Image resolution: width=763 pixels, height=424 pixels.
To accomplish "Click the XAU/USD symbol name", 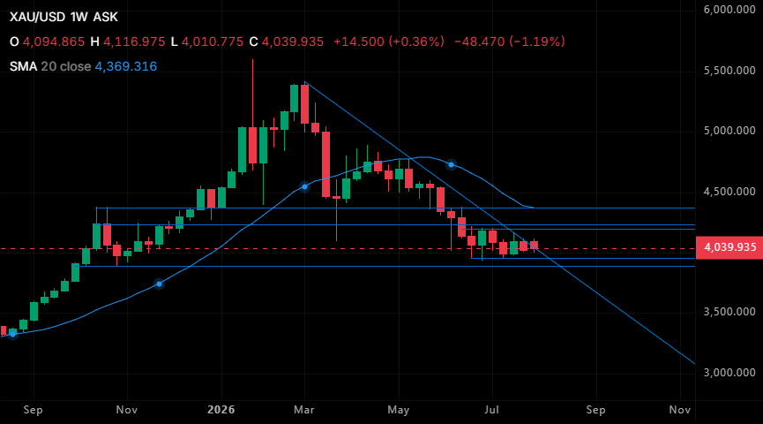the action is (37, 17).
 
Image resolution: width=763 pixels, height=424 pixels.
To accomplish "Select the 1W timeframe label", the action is (79, 17).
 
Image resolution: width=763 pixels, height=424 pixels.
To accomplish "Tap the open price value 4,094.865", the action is (54, 42).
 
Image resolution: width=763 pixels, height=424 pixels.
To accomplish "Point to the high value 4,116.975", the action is (134, 42).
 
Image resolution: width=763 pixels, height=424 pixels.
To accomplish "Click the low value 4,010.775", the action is (213, 42).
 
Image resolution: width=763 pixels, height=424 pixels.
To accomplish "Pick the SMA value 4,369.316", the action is (126, 66).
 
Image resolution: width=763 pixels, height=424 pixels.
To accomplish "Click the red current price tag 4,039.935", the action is (729, 247).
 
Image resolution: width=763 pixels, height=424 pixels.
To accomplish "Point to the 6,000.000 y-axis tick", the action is (729, 10).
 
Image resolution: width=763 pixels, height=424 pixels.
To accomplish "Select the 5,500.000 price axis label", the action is (729, 71).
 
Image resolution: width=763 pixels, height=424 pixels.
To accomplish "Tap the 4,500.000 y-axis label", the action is (729, 192).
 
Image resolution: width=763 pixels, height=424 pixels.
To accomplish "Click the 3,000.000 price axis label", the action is (729, 373).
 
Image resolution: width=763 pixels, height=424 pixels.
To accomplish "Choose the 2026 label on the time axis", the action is (221, 410).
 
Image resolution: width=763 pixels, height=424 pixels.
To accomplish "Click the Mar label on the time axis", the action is (304, 410).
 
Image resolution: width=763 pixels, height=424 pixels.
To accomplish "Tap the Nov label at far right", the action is (680, 410).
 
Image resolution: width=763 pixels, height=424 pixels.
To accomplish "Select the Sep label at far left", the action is (34, 410).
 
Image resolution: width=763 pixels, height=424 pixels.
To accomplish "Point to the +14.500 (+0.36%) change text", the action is (389, 42).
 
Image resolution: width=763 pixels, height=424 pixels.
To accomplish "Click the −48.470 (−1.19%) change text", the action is (510, 42).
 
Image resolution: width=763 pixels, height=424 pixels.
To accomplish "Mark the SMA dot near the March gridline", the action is (304, 186).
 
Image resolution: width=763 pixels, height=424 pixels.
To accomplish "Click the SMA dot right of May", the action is (451, 164).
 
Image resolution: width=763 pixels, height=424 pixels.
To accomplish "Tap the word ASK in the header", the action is (106, 17).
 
